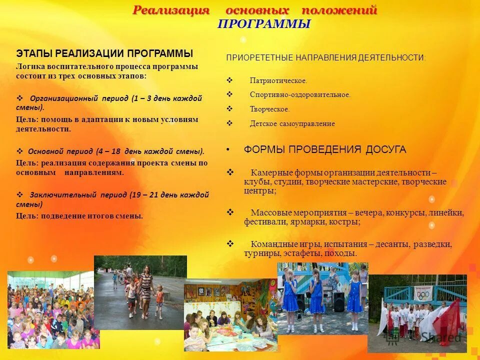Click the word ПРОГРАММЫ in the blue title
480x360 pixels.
coord(264,24)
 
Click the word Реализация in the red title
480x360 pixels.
coord(171,10)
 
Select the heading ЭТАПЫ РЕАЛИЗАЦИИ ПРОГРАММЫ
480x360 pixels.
coord(104,53)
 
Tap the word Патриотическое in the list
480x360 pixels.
coord(278,80)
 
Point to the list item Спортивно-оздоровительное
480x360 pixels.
coord(300,94)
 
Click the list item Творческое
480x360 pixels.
coord(269,108)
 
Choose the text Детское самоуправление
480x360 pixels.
coord(292,123)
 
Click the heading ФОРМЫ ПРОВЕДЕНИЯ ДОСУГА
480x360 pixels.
coord(325,149)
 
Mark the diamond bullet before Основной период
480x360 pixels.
coord(20,150)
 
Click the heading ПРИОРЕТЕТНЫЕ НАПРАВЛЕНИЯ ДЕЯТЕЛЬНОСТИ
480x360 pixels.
coord(326,58)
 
